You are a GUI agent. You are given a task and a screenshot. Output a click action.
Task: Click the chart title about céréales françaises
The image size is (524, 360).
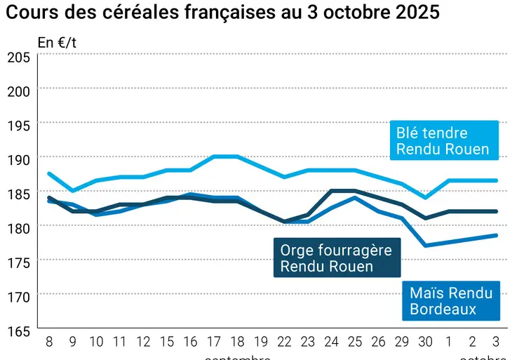(x=224, y=13)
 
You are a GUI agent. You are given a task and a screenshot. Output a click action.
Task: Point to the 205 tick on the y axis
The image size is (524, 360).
(x=18, y=57)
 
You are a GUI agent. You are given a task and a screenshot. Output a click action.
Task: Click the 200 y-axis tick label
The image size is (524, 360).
(x=18, y=91)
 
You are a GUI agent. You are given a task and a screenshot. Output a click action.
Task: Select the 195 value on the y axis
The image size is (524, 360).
(x=18, y=126)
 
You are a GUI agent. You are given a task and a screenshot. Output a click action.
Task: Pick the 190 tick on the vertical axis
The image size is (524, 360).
(x=18, y=160)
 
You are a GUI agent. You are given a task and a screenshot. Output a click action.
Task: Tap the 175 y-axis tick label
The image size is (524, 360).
(x=18, y=263)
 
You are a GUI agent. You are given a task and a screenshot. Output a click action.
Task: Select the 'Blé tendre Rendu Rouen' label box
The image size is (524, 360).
(x=443, y=140)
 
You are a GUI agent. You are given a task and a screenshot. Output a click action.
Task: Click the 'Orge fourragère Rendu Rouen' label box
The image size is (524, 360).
(x=336, y=258)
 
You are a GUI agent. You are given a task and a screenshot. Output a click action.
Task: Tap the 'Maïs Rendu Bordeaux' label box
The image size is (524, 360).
(x=451, y=300)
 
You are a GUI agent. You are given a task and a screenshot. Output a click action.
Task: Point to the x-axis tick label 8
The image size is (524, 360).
(x=48, y=342)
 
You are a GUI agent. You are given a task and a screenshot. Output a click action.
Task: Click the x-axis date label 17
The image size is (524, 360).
(x=214, y=342)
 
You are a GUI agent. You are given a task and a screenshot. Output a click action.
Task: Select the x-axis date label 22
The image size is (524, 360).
(x=284, y=342)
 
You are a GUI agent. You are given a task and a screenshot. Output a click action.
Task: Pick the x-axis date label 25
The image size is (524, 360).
(x=356, y=342)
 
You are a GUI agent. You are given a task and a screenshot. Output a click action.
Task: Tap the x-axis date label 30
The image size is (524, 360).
(x=426, y=342)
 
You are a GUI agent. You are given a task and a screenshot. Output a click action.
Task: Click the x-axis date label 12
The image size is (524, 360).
(x=143, y=342)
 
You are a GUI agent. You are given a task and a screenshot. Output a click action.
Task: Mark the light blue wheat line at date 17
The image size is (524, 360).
(x=214, y=156)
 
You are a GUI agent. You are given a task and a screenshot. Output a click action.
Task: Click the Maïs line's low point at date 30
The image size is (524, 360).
(x=426, y=246)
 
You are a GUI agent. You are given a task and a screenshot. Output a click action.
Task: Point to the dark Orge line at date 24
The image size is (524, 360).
(x=332, y=190)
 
